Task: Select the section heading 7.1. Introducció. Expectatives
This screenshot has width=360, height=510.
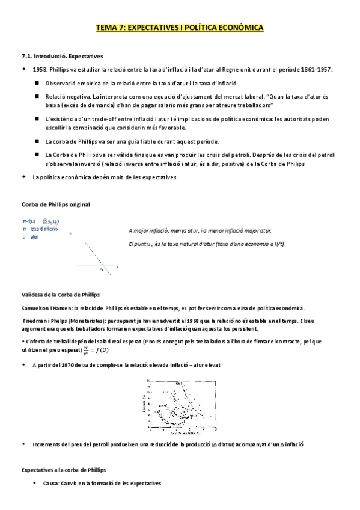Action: [62, 56]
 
